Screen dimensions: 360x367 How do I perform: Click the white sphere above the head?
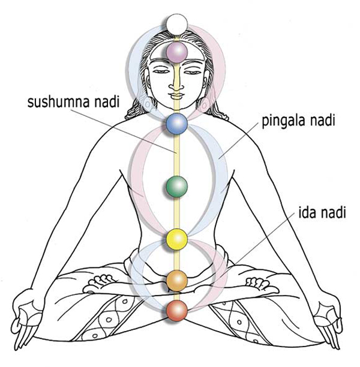tap(177, 25)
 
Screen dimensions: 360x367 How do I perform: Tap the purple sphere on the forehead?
tap(177, 52)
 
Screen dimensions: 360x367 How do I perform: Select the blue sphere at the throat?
tap(177, 124)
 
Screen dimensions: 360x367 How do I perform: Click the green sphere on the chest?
tap(177, 186)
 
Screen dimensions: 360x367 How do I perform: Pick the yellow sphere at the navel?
tap(177, 239)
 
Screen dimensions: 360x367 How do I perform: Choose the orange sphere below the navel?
tap(177, 281)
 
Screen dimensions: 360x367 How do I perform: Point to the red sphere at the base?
tap(177, 311)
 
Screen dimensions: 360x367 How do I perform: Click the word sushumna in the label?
tap(59, 103)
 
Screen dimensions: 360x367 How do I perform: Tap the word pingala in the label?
tap(283, 122)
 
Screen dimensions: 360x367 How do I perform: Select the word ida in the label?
tap(307, 212)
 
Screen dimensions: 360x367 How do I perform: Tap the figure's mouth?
tap(177, 96)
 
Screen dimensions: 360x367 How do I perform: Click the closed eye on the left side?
tap(162, 71)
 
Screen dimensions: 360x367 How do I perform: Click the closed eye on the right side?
tap(193, 71)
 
